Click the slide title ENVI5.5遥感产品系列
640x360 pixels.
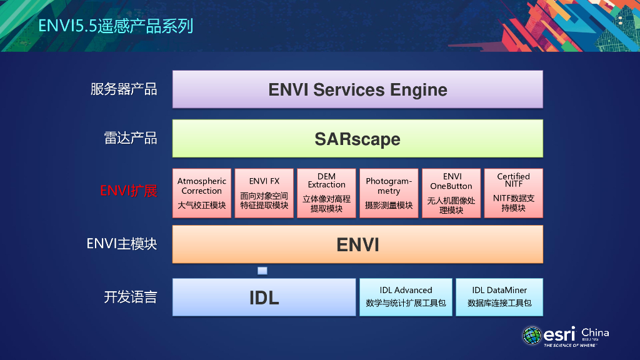point(116,26)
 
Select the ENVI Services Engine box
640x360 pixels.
point(357,89)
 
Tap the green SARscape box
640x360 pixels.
point(357,138)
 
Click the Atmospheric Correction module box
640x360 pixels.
point(202,193)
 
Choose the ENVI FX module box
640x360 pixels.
point(264,193)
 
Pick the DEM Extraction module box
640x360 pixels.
point(326,193)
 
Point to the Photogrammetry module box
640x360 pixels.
point(389,193)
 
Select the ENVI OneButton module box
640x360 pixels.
point(451,193)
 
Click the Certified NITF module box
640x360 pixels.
point(513,193)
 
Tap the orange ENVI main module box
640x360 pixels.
point(357,244)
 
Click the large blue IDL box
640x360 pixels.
point(264,297)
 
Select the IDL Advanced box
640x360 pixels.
point(406,297)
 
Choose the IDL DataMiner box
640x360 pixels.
point(499,297)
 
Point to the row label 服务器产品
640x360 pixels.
point(124,89)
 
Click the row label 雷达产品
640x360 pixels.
point(131,138)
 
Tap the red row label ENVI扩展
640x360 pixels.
point(129,191)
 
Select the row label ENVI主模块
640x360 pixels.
point(122,244)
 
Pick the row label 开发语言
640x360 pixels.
point(131,297)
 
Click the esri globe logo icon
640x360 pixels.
point(532,335)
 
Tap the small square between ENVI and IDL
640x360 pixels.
point(262,271)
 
